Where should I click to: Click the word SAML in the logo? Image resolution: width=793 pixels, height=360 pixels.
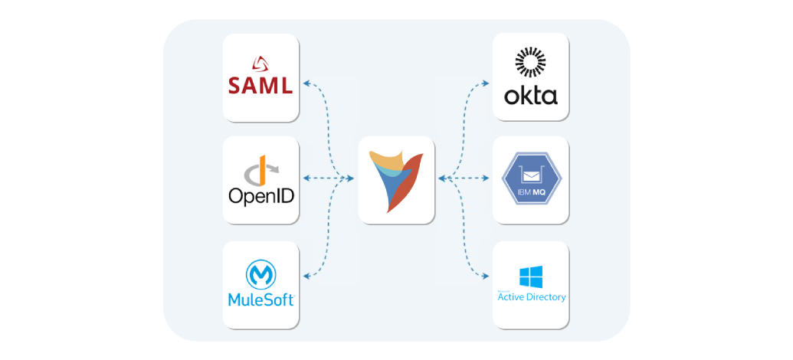(x=261, y=84)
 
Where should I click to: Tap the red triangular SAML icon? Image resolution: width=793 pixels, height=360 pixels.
(x=261, y=63)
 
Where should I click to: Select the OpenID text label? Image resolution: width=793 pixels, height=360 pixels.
(x=261, y=196)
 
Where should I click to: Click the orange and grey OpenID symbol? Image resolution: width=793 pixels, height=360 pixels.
(x=261, y=169)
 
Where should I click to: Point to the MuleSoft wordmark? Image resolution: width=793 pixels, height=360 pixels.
(x=261, y=299)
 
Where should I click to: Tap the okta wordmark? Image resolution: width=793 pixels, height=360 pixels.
(x=531, y=97)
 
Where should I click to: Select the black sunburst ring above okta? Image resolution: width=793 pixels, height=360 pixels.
(x=530, y=64)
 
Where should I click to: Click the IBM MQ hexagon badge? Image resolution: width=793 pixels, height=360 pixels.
(x=532, y=180)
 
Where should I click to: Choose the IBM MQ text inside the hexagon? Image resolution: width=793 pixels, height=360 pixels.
(x=532, y=189)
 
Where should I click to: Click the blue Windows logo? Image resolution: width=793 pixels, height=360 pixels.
(x=530, y=277)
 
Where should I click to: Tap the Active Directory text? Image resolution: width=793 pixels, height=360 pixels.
(x=531, y=297)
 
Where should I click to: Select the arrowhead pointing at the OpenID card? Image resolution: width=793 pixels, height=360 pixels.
(x=306, y=178)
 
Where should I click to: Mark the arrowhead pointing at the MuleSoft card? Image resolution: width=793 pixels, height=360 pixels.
(x=306, y=276)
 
